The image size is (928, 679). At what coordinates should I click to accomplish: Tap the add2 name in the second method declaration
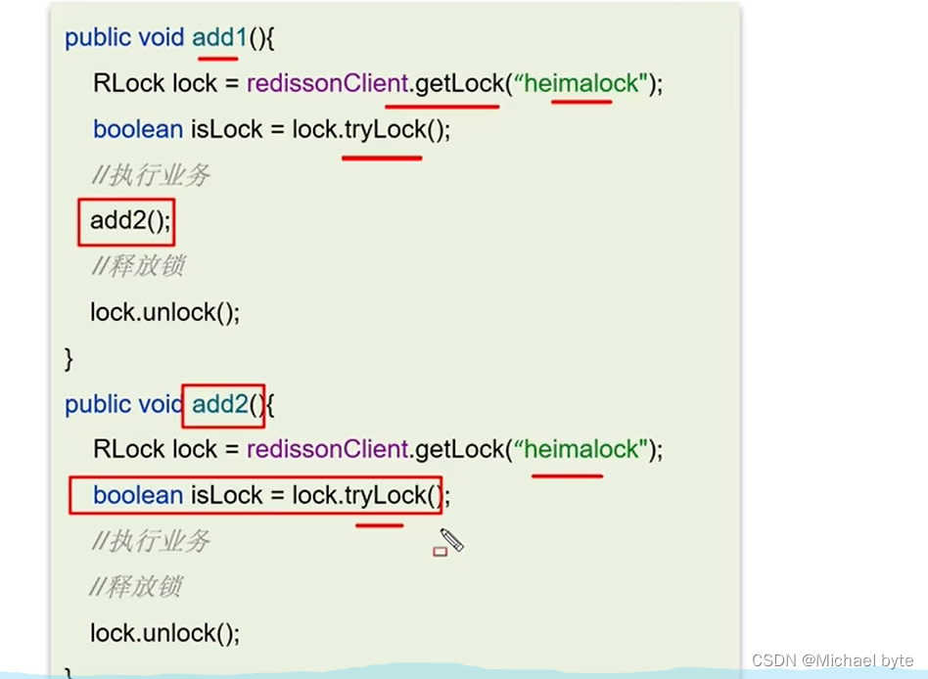click(x=220, y=404)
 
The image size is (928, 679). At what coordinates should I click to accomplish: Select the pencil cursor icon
click(x=450, y=540)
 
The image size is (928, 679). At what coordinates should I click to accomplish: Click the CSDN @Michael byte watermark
click(x=832, y=660)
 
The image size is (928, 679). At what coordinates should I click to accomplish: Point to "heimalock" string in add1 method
click(x=581, y=84)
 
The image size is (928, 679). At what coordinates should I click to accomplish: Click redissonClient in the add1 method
click(x=327, y=84)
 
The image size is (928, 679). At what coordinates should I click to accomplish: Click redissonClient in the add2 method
click(x=327, y=450)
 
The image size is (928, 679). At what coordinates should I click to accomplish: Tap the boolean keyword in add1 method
click(x=137, y=129)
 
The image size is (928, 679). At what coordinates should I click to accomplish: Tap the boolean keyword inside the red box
click(x=137, y=496)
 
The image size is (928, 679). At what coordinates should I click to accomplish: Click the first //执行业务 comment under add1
click(x=150, y=175)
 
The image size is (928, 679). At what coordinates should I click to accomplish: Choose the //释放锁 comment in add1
click(x=136, y=266)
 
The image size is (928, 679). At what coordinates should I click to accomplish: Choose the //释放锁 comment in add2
click(x=136, y=587)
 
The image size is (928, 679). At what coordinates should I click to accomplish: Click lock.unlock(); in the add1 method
click(x=164, y=312)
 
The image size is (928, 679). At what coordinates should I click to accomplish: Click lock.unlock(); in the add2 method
click(x=164, y=633)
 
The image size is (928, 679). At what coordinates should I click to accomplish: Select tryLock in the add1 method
click(x=385, y=129)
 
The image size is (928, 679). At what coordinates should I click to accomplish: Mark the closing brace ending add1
click(x=69, y=359)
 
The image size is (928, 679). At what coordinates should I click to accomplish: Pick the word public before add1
click(x=97, y=38)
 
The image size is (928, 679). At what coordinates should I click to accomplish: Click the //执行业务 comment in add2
click(x=150, y=541)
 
